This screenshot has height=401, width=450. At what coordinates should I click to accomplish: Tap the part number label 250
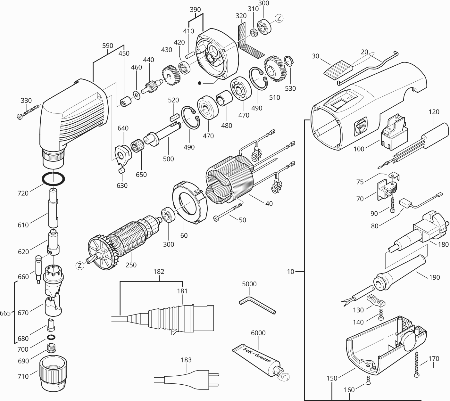pos(131,265)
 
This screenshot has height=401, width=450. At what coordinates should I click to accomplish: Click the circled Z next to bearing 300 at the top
pos(279,19)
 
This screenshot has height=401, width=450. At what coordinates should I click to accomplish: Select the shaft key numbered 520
pos(174,116)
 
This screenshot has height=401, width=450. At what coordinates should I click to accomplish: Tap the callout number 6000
pos(258,333)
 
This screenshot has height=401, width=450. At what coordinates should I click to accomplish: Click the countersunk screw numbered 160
pos(368,381)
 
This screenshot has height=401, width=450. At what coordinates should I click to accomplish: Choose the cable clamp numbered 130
pos(376,300)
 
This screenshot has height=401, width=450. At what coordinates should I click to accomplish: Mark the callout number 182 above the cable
pos(159,272)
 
